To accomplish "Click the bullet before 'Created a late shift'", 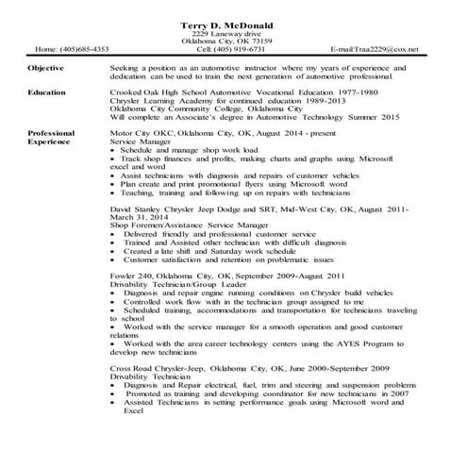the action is click(115, 252).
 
